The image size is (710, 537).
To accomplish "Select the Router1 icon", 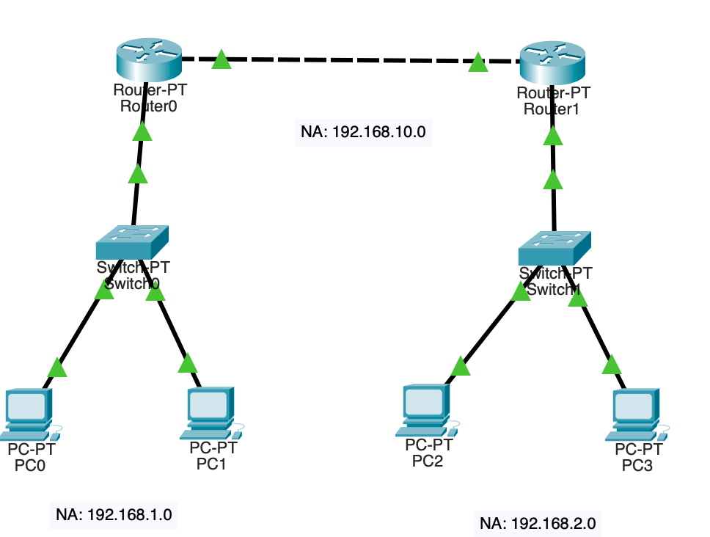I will tap(552, 63).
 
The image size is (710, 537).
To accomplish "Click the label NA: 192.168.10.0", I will tap(363, 132).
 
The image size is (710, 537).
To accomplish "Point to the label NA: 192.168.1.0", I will tap(114, 514).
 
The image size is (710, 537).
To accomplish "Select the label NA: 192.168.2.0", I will tap(538, 523).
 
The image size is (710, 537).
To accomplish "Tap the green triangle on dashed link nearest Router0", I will tap(222, 59).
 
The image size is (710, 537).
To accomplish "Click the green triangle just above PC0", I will tap(57, 367).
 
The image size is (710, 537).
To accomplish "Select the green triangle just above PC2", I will tap(460, 366).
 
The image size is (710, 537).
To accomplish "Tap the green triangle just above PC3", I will tap(611, 365).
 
